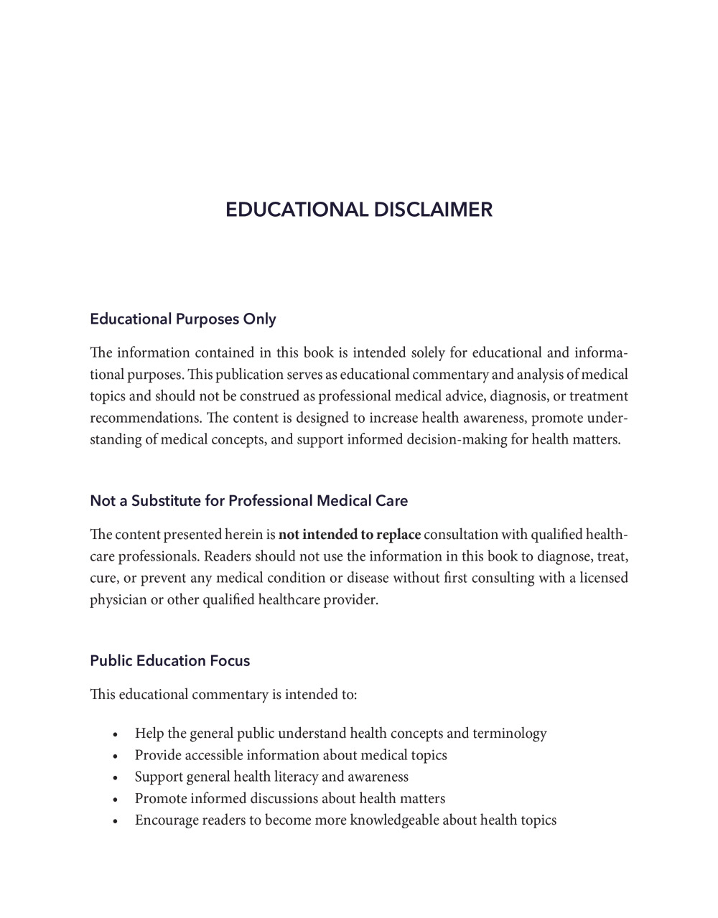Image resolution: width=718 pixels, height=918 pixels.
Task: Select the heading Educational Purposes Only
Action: click(182, 319)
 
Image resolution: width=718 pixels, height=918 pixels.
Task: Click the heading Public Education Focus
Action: click(169, 660)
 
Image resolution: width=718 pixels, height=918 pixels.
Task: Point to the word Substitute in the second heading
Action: click(168, 500)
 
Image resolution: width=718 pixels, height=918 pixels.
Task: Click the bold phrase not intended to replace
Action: click(349, 535)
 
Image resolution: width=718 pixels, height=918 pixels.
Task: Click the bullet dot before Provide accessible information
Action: click(115, 757)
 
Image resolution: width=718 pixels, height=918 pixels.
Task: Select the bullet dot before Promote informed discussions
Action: click(115, 800)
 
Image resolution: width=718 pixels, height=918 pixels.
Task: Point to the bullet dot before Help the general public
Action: click(115, 735)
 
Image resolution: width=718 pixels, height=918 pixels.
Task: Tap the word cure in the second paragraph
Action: click(102, 579)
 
